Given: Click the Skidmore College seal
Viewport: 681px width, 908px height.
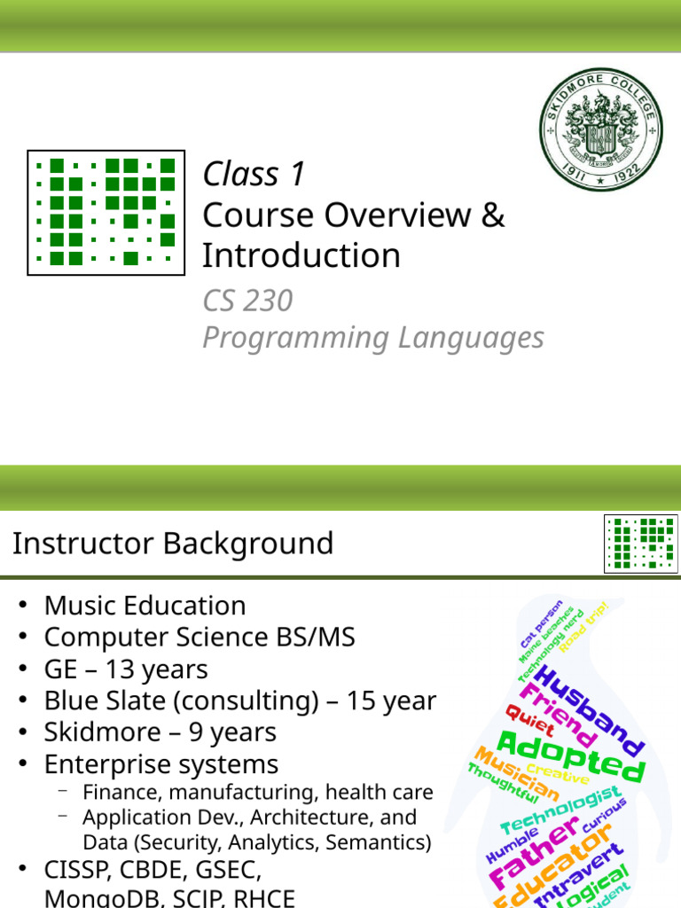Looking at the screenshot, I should pos(600,131).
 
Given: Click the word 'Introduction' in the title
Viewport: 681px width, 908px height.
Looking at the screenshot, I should pos(301,255).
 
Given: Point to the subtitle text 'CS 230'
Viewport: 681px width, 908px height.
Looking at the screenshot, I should pos(247,301).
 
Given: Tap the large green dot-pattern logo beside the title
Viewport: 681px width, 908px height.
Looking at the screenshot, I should pos(106,213).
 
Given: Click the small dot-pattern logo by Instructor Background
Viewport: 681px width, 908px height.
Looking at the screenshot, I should pos(641,543).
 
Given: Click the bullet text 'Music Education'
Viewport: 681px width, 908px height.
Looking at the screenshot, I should pos(145,606).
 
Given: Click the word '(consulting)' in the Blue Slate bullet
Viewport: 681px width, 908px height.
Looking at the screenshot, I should pos(247,701).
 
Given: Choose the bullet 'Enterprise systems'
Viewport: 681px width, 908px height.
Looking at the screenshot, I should pos(161,764).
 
